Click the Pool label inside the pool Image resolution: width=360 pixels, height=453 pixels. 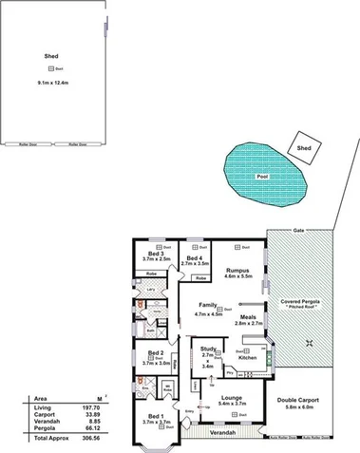pos(260,178)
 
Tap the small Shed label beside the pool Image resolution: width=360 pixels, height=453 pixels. pos(304,148)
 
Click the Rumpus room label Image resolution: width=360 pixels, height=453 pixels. pos(237,271)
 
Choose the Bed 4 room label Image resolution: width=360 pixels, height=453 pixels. pos(194,258)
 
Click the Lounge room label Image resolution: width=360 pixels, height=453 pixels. pos(233,398)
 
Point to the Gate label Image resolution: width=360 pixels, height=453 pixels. pos(298,231)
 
